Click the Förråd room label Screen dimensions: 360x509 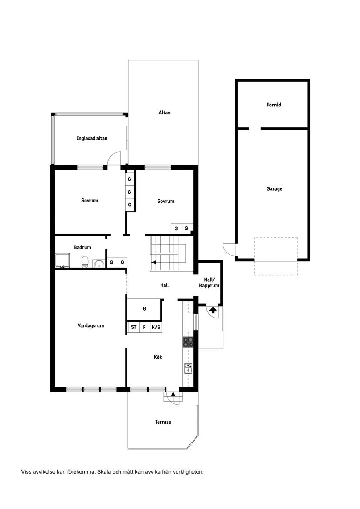[x=274, y=105]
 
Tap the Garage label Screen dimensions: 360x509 [x=274, y=188]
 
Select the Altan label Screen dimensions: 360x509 [x=165, y=113]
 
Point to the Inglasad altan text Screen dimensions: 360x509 [x=92, y=138]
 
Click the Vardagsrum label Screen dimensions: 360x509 [x=91, y=325]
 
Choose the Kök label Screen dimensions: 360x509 [x=158, y=357]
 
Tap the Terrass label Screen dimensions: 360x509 [x=163, y=422]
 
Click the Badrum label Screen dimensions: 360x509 [x=82, y=247]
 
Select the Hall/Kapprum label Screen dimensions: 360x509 [x=209, y=283]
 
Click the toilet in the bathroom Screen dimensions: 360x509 [x=85, y=262]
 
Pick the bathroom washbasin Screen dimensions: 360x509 [x=99, y=263]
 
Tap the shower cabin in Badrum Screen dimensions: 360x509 [x=62, y=261]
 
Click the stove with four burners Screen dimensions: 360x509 [x=188, y=342]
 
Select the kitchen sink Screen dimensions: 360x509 [x=188, y=369]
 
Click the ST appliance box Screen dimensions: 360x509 [x=134, y=327]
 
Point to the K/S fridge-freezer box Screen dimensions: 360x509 [x=156, y=327]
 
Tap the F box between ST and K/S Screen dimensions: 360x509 [x=144, y=327]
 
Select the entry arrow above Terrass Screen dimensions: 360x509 [x=173, y=394]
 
